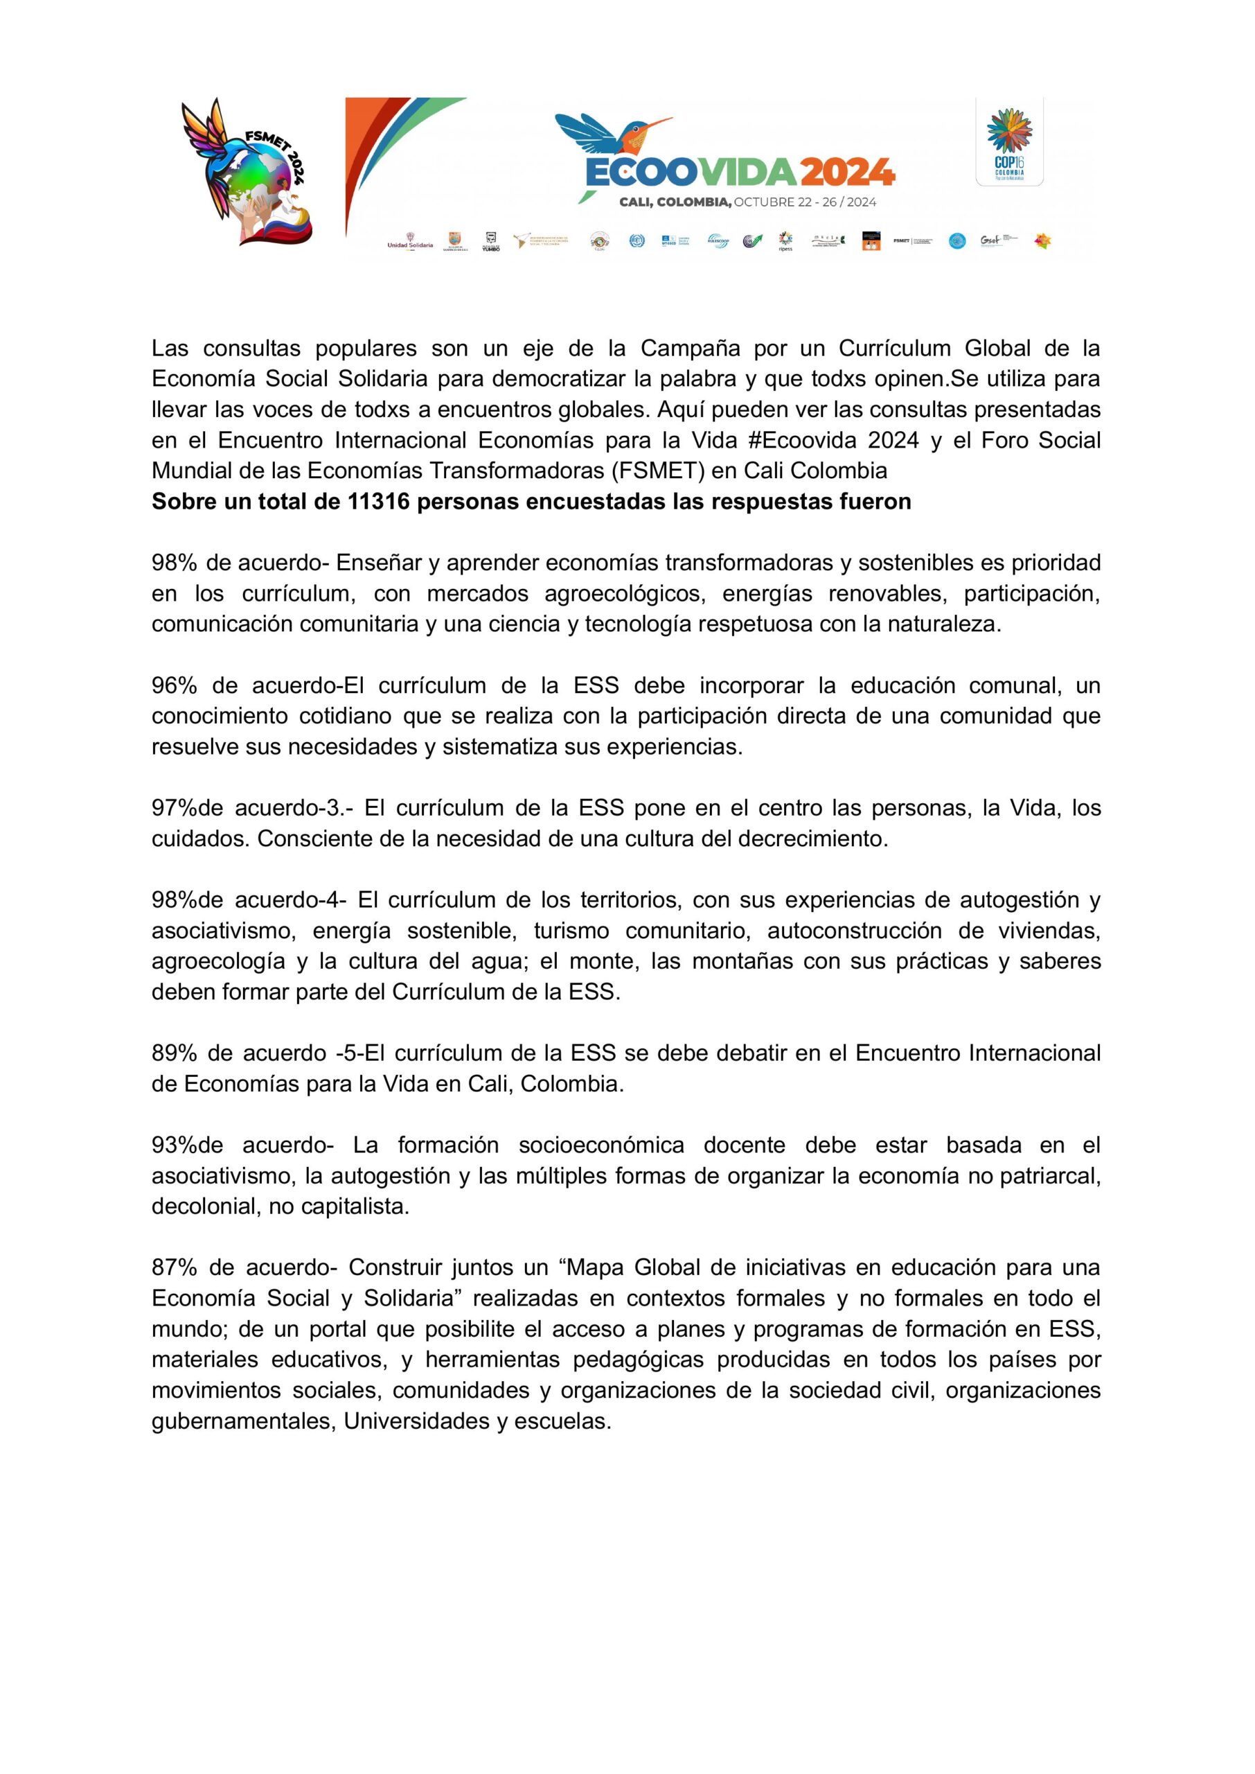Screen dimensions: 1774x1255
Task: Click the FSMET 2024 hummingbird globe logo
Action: (247, 172)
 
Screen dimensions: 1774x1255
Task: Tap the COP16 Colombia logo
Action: (1008, 142)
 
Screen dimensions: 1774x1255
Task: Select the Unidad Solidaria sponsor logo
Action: (409, 241)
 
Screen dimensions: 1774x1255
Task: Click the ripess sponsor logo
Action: (785, 241)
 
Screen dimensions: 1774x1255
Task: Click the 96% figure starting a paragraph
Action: (174, 685)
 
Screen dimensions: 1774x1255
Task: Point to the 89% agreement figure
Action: (174, 1053)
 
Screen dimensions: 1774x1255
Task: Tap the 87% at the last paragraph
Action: (174, 1267)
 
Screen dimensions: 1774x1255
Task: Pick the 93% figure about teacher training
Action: (174, 1145)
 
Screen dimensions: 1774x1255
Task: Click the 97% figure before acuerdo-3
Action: (174, 808)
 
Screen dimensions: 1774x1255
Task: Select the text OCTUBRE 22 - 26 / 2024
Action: (805, 202)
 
